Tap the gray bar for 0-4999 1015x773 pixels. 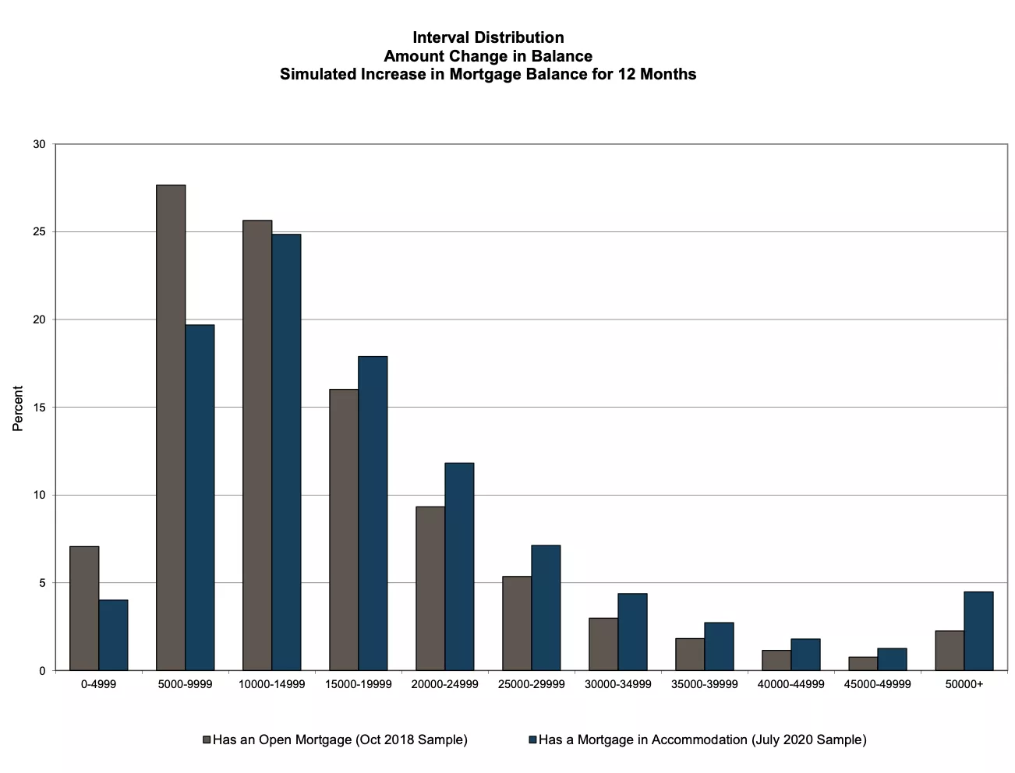click(84, 608)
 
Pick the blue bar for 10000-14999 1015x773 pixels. click(286, 452)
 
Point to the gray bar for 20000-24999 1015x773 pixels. click(430, 588)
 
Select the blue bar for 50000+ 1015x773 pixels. click(978, 631)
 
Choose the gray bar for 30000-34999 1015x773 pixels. click(603, 644)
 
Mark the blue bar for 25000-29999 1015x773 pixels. click(546, 608)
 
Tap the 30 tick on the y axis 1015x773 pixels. click(39, 144)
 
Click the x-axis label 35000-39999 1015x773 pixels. click(704, 684)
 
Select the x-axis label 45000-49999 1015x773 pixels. click(877, 684)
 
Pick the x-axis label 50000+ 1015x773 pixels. click(964, 684)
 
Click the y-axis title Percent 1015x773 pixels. click(18, 408)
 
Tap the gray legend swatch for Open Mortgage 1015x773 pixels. click(207, 739)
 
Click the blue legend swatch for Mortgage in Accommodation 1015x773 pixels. click(532, 739)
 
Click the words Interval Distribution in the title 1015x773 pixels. click(488, 37)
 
